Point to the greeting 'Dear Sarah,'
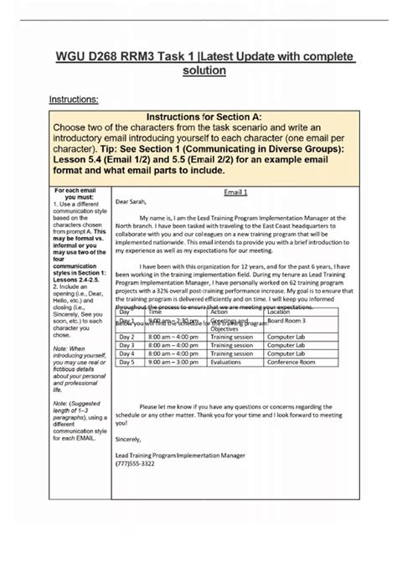coord(133,202)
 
